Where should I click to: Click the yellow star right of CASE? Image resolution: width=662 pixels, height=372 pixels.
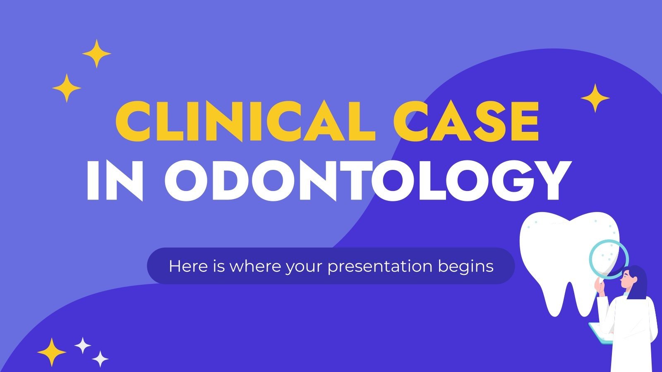(x=595, y=98)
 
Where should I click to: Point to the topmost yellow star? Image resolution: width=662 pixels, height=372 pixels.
(x=96, y=54)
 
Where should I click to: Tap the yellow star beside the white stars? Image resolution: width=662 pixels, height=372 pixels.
(x=52, y=352)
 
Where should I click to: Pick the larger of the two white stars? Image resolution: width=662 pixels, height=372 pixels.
(x=83, y=345)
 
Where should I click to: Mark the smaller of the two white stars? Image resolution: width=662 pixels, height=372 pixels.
(x=100, y=359)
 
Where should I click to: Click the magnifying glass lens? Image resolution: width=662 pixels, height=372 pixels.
(x=608, y=260)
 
